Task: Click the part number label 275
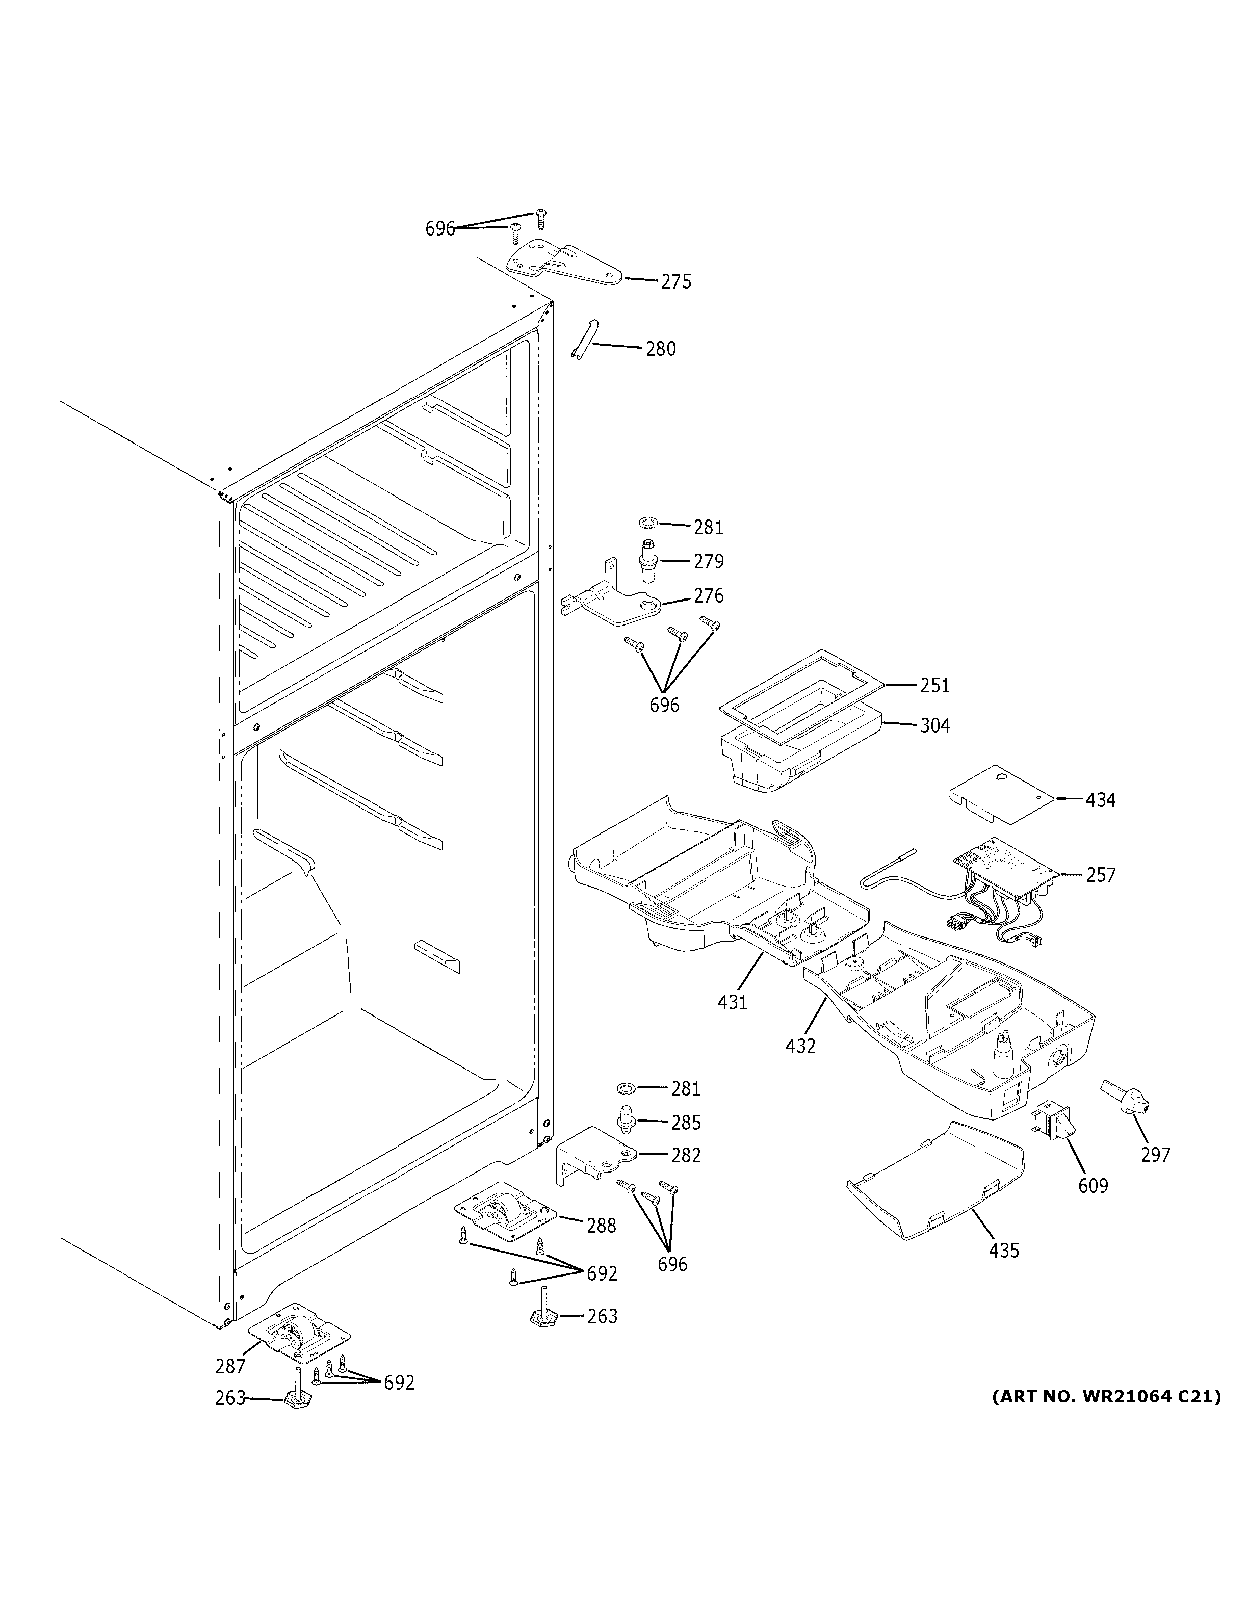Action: click(x=676, y=282)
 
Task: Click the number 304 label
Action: click(x=934, y=726)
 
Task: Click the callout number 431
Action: click(x=732, y=1003)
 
